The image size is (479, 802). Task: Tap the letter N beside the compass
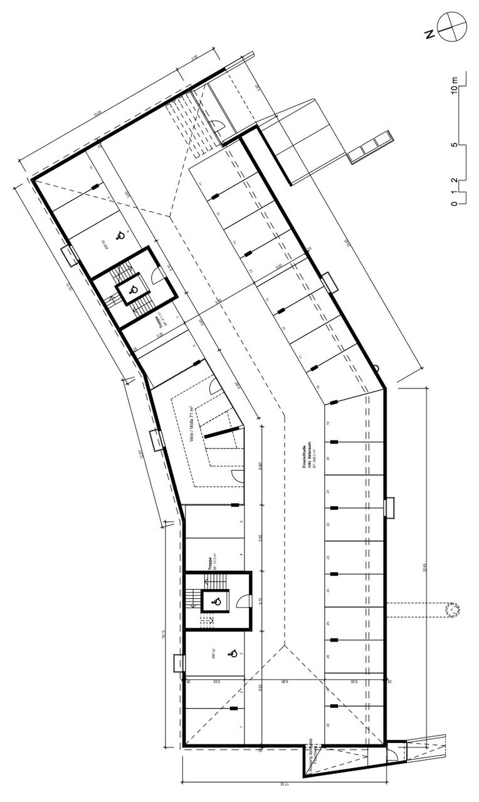(430, 35)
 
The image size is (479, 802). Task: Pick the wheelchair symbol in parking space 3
(232, 654)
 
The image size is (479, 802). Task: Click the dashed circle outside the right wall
(452, 608)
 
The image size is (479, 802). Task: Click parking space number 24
(329, 591)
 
